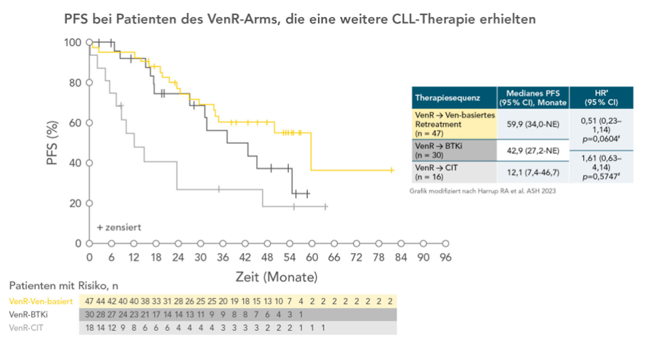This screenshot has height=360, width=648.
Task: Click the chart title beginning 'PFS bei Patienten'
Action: (299, 20)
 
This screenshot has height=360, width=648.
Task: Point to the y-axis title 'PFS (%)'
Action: (53, 143)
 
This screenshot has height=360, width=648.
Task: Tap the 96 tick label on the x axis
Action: (446, 257)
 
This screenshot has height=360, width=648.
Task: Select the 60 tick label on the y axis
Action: (74, 123)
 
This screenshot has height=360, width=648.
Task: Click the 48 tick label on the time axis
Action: (267, 257)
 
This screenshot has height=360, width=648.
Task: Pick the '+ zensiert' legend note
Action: (118, 227)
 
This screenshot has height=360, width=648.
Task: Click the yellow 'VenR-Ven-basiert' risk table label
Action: (41, 301)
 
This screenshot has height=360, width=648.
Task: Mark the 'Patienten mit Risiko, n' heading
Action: (63, 285)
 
